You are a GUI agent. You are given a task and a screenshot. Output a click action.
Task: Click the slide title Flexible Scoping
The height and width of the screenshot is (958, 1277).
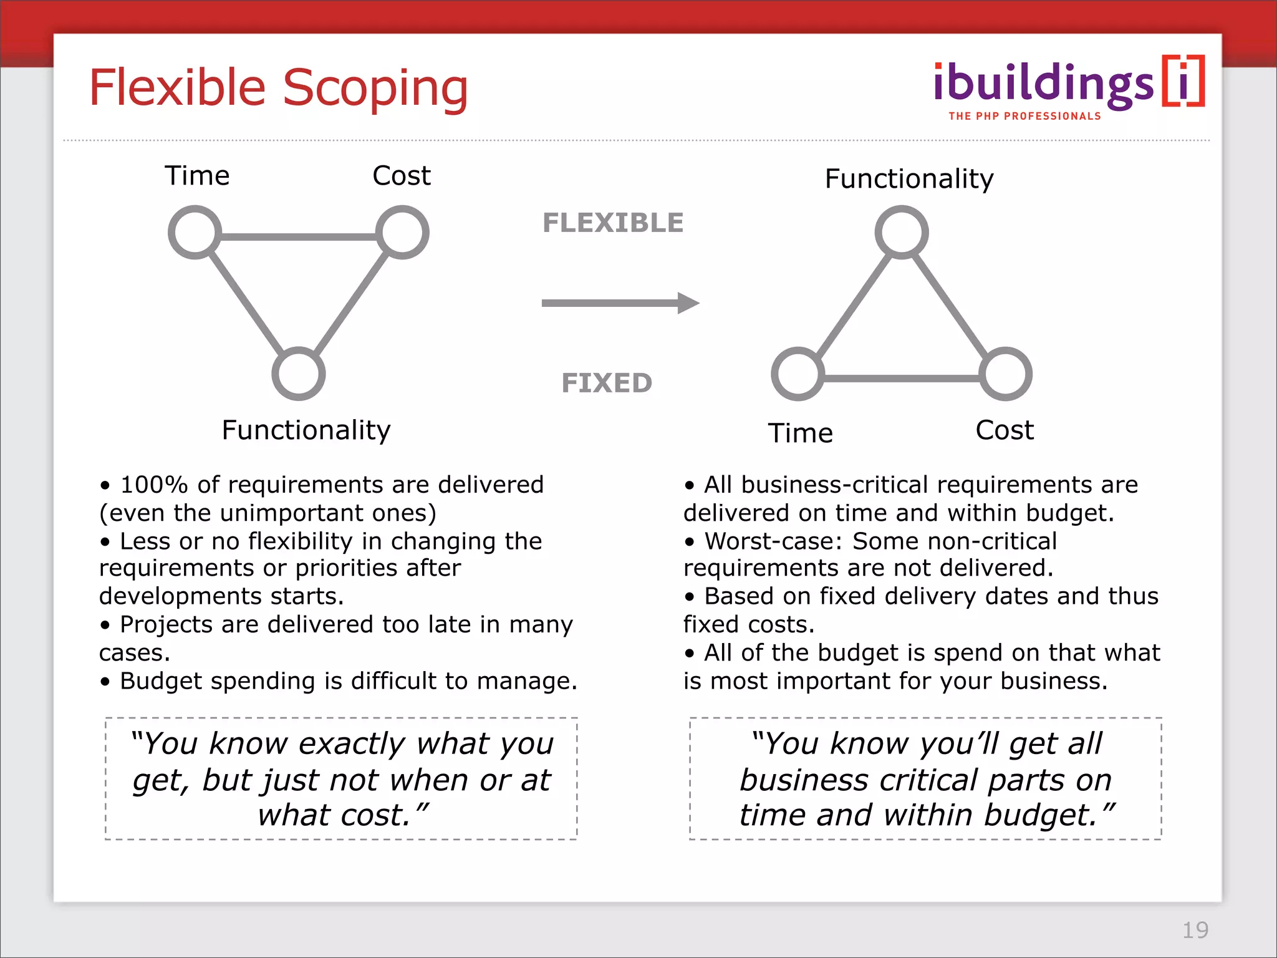coord(278,89)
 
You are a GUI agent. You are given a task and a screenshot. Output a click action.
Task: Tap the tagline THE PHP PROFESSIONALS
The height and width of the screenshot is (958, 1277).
coord(1024,116)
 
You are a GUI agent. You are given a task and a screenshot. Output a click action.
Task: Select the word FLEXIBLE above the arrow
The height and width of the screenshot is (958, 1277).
coord(613,223)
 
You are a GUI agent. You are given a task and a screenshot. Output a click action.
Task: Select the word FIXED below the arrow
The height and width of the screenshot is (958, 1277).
coord(607,383)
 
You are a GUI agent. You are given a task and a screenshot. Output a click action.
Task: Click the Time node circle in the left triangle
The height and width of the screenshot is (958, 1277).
coord(195,232)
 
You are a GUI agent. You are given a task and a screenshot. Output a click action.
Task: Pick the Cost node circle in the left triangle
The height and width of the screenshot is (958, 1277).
coord(403,232)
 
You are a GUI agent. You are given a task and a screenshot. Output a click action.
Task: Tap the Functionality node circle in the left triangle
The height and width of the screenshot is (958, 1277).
coord(299,374)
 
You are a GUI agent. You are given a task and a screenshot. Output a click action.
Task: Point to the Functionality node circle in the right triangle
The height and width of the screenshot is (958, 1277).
coord(902,232)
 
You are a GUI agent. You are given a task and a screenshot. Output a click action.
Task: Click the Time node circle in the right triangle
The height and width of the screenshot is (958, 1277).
coord(798,374)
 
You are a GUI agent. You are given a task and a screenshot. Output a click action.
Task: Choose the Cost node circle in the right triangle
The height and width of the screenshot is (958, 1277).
coord(1006,374)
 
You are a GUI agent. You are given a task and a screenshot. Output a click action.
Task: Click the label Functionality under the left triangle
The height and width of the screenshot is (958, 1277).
coord(306,430)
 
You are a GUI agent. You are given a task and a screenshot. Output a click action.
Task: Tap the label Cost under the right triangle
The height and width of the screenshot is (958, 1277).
coord(1005,430)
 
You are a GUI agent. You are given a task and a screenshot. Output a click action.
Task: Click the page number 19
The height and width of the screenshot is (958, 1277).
coord(1195,930)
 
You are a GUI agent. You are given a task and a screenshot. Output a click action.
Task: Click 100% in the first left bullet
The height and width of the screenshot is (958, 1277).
coord(153,485)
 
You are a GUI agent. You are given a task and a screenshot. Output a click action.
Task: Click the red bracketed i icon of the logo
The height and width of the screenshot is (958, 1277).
coord(1183,82)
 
